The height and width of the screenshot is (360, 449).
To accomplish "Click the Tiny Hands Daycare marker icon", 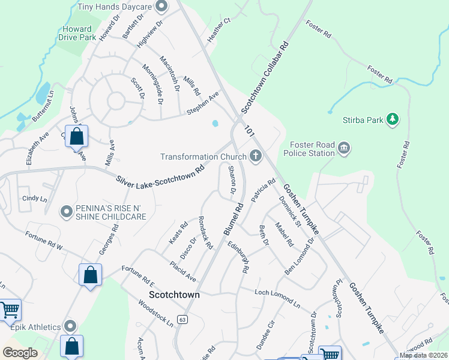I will (160, 7).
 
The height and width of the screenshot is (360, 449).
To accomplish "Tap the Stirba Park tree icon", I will (393, 120).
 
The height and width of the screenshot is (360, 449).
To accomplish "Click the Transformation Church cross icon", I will (256, 157).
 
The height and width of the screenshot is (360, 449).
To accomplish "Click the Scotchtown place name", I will (174, 295).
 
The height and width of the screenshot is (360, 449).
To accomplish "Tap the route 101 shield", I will (249, 129).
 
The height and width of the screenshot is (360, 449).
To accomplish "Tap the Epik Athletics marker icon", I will (71, 326).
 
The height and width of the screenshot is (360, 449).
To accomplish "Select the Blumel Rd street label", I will (233, 219).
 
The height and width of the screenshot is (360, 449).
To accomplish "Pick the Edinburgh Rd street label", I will (238, 257).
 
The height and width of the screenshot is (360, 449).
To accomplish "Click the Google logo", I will (20, 353).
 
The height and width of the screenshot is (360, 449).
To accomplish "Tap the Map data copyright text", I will (423, 355).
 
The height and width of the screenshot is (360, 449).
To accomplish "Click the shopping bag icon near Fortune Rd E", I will (90, 276).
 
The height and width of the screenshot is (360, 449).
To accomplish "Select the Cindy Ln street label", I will (34, 198).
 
